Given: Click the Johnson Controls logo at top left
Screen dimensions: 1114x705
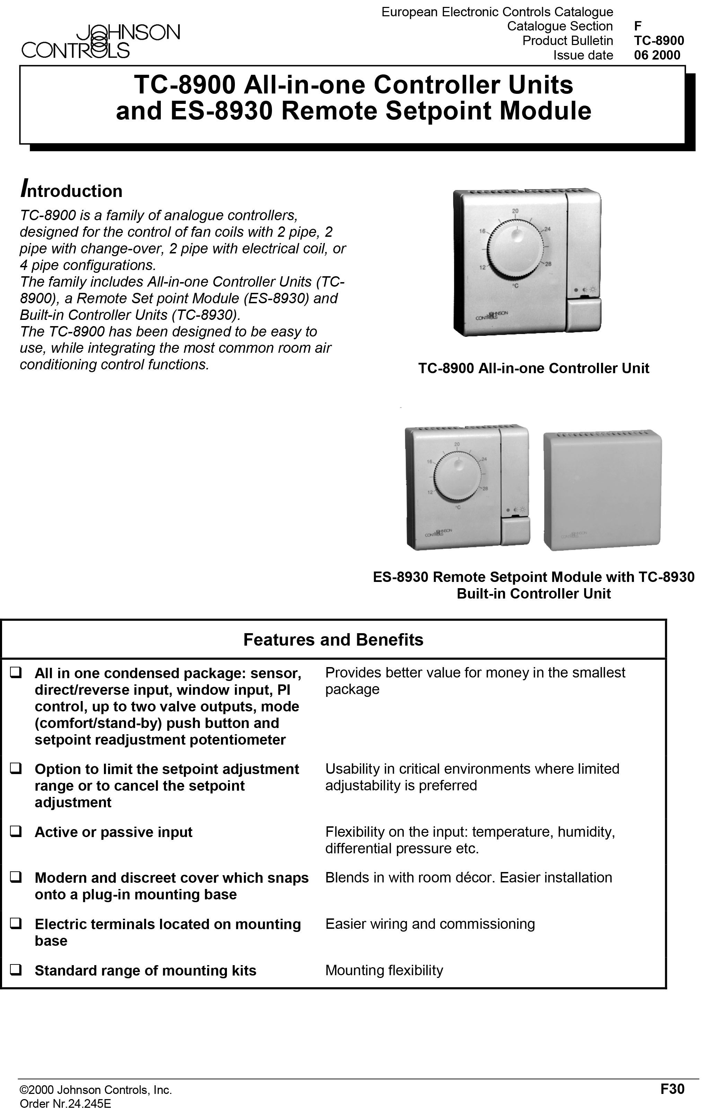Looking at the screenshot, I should pos(100,41).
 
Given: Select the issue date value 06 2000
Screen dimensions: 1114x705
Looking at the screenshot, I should pos(657,55).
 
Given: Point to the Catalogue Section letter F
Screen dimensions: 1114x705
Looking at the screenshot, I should pos(638,26).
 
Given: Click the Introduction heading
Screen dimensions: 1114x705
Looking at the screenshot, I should pos(71,190).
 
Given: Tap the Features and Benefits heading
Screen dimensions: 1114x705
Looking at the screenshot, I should pos(333,640).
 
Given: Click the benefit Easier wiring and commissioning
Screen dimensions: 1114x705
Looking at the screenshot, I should pos(430,924).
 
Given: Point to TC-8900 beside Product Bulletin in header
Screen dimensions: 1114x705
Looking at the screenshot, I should pos(659,41).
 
